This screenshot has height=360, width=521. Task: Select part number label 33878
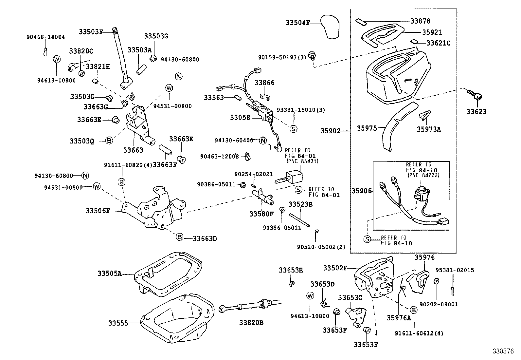(x=420, y=21)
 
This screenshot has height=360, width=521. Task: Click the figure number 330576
(x=503, y=352)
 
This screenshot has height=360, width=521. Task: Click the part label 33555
(x=118, y=323)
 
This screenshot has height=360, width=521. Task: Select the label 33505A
(x=109, y=273)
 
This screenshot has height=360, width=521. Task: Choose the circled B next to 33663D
(x=179, y=237)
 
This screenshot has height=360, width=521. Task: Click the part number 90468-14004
(x=45, y=37)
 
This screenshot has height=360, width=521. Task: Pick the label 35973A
(x=428, y=129)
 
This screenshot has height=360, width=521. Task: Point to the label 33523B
(x=300, y=204)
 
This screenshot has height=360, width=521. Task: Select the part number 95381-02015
(x=455, y=270)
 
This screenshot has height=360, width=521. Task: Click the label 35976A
(x=399, y=318)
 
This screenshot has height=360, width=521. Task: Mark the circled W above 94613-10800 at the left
(x=57, y=59)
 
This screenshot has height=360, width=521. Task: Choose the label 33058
(x=240, y=117)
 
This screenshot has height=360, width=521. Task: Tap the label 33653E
(x=291, y=270)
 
